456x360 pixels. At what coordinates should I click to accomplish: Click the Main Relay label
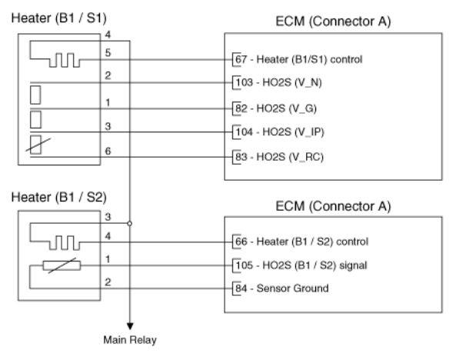click(130, 340)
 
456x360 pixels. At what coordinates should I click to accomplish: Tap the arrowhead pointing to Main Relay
click(130, 326)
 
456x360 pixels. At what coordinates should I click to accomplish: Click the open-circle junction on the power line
click(130, 224)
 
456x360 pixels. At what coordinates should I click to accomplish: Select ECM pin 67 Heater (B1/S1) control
click(298, 59)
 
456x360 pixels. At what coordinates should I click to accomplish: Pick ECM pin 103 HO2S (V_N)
click(278, 82)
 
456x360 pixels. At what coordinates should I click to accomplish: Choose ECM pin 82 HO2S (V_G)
click(276, 108)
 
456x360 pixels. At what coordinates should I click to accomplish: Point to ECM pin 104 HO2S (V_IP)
click(280, 132)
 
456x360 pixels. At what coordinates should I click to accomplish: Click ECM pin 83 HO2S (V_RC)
click(279, 157)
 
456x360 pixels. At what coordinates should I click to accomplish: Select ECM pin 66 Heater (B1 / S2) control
click(301, 242)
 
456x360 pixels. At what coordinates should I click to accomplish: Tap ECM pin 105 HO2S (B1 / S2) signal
click(301, 265)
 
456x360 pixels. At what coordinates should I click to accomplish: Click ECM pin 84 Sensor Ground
click(281, 288)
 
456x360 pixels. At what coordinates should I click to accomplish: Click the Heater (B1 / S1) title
click(58, 18)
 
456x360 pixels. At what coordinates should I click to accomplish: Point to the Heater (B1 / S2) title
click(58, 198)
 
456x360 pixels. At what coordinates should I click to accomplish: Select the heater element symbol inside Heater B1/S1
click(65, 60)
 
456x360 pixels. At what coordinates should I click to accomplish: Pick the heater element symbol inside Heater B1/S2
click(65, 243)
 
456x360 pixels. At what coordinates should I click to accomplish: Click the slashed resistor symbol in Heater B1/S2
click(62, 265)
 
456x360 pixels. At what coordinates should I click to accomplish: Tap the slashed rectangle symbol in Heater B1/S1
click(37, 145)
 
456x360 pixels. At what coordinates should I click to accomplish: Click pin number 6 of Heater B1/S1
click(108, 151)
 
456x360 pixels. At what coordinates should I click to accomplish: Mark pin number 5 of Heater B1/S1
click(108, 52)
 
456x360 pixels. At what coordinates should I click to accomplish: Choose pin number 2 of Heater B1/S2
click(108, 282)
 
